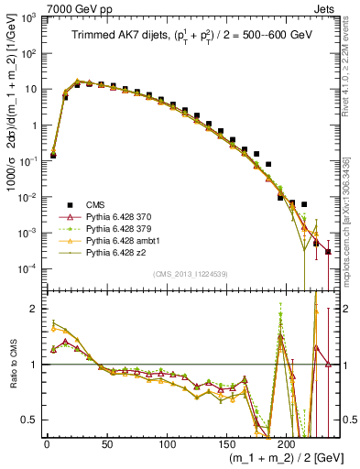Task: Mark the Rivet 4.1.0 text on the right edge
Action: (352, 69)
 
